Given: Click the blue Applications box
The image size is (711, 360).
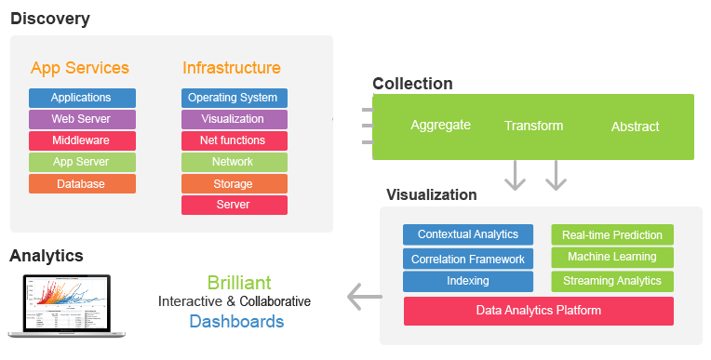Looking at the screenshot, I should coord(82,98).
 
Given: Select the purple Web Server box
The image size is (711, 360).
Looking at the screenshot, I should coord(82,119).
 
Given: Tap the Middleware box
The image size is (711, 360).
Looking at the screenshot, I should coord(82,140).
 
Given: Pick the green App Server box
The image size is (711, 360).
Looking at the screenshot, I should coord(82,162).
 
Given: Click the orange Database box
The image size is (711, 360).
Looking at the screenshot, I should coord(82,184).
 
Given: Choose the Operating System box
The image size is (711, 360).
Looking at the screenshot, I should coord(234,98).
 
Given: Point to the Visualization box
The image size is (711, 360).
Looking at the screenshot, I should coord(234,119).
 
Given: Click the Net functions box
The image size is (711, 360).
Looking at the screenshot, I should coord(234,140).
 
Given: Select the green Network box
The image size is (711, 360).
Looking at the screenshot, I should coord(234,162).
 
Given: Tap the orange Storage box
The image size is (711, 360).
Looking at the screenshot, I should coord(234,184).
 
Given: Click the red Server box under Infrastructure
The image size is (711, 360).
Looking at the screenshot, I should coord(234,205).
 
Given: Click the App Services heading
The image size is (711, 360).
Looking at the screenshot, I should coord(80,68).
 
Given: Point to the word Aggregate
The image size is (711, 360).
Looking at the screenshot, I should coord(440,125).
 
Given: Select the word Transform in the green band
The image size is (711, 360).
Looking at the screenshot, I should coord(533,126).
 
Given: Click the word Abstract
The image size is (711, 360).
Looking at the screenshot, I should coord(635,127).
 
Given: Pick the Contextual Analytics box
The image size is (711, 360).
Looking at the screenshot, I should coord(467,234).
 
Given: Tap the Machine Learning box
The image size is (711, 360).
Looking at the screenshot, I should coord(611,257).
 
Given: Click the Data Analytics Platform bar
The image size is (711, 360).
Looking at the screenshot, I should coord(538,311).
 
